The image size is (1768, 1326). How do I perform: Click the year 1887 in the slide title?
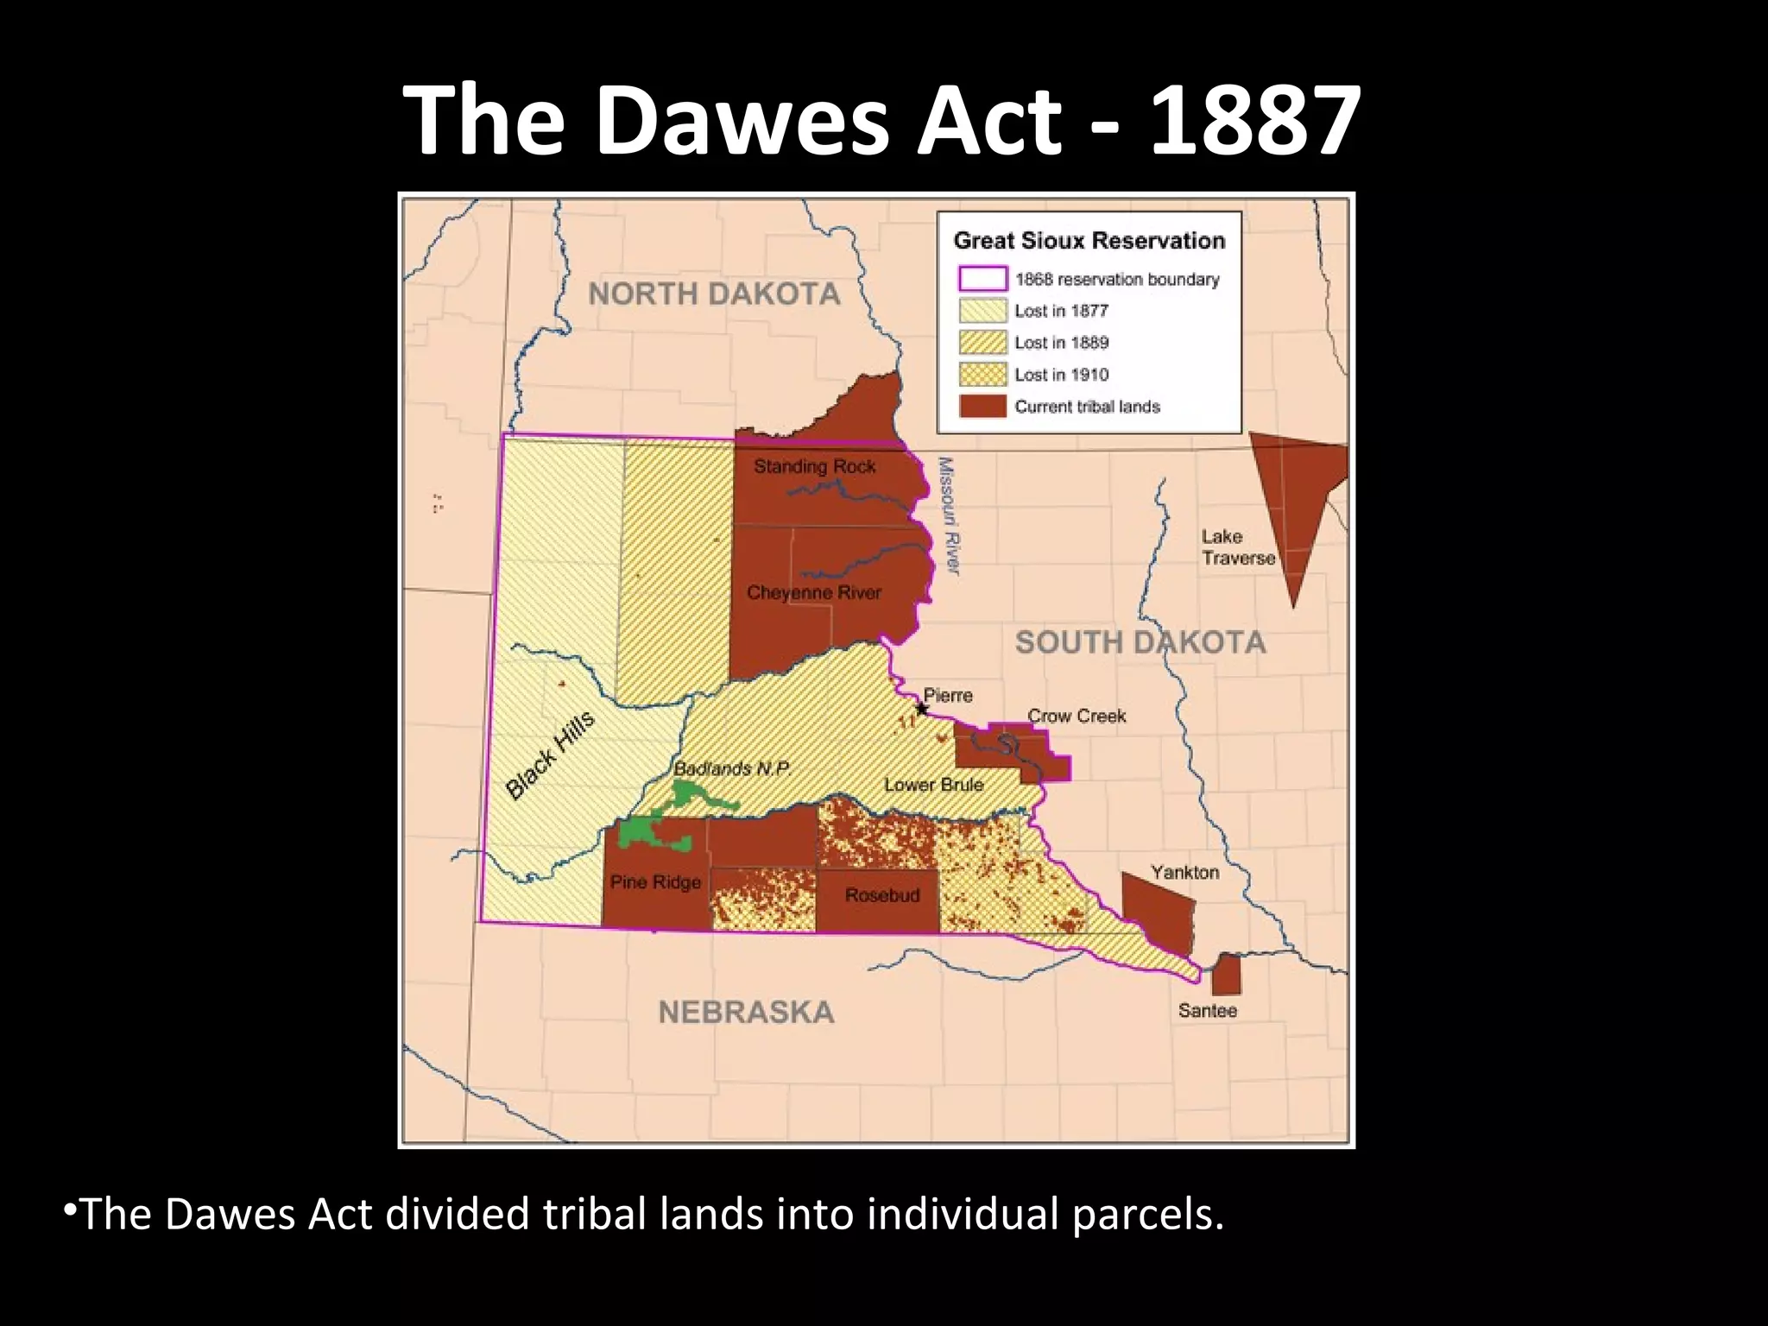coord(1255,121)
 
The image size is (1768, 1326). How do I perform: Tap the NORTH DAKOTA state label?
coord(714,294)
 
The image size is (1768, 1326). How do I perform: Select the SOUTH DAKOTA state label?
coord(1140,642)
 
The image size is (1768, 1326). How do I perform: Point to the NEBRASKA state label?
coord(746,1012)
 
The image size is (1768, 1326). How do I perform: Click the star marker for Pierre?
coord(922,710)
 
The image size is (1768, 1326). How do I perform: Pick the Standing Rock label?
coord(814,467)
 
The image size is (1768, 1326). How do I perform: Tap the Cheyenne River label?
coord(813,593)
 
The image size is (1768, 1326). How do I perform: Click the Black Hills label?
coord(550,755)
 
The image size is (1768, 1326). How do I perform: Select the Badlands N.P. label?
coord(732,769)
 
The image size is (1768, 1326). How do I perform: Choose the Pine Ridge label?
coord(655,882)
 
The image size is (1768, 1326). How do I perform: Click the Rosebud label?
coord(881,895)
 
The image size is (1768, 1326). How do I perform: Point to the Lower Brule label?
coord(933,785)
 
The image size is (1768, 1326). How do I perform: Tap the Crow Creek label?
coord(1077,716)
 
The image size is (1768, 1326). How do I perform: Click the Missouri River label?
coord(948,515)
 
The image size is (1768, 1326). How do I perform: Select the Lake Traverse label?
coord(1236,547)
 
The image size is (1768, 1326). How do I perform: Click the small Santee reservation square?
coord(1226,975)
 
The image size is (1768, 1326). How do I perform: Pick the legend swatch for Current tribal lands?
coord(982,407)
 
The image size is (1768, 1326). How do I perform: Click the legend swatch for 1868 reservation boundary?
coord(982,279)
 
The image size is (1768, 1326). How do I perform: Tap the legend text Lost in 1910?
coord(1061,375)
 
